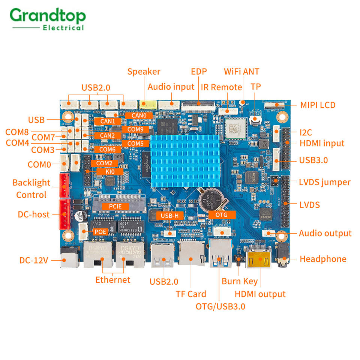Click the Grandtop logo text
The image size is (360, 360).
(x=48, y=16)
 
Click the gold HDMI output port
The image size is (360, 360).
(x=258, y=259)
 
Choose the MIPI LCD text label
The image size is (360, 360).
(x=318, y=105)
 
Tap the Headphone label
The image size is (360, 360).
(x=323, y=259)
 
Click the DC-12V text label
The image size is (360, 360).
(x=34, y=260)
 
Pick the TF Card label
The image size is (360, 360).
(x=191, y=294)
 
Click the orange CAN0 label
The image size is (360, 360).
(x=139, y=115)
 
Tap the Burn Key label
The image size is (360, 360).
(x=240, y=282)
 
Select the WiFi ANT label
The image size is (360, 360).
(x=241, y=71)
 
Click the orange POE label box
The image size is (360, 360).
(x=100, y=232)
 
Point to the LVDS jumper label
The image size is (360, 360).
(x=325, y=182)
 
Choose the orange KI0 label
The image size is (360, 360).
(x=110, y=171)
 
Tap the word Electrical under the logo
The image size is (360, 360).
(x=63, y=28)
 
